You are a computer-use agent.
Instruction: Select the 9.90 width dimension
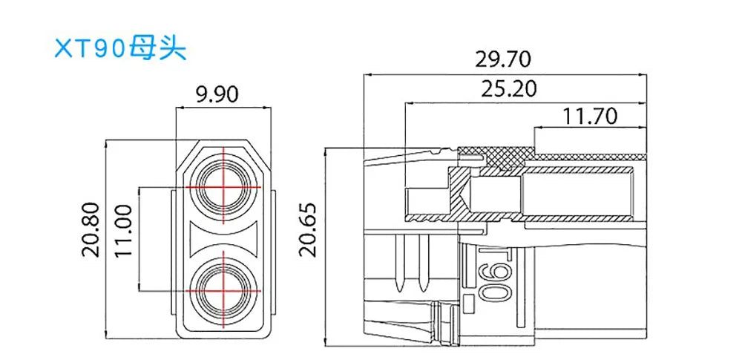pyautogui.click(x=216, y=94)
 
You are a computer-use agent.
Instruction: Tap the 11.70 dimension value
pyautogui.click(x=589, y=116)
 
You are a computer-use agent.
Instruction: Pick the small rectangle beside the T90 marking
pyautogui.click(x=469, y=302)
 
